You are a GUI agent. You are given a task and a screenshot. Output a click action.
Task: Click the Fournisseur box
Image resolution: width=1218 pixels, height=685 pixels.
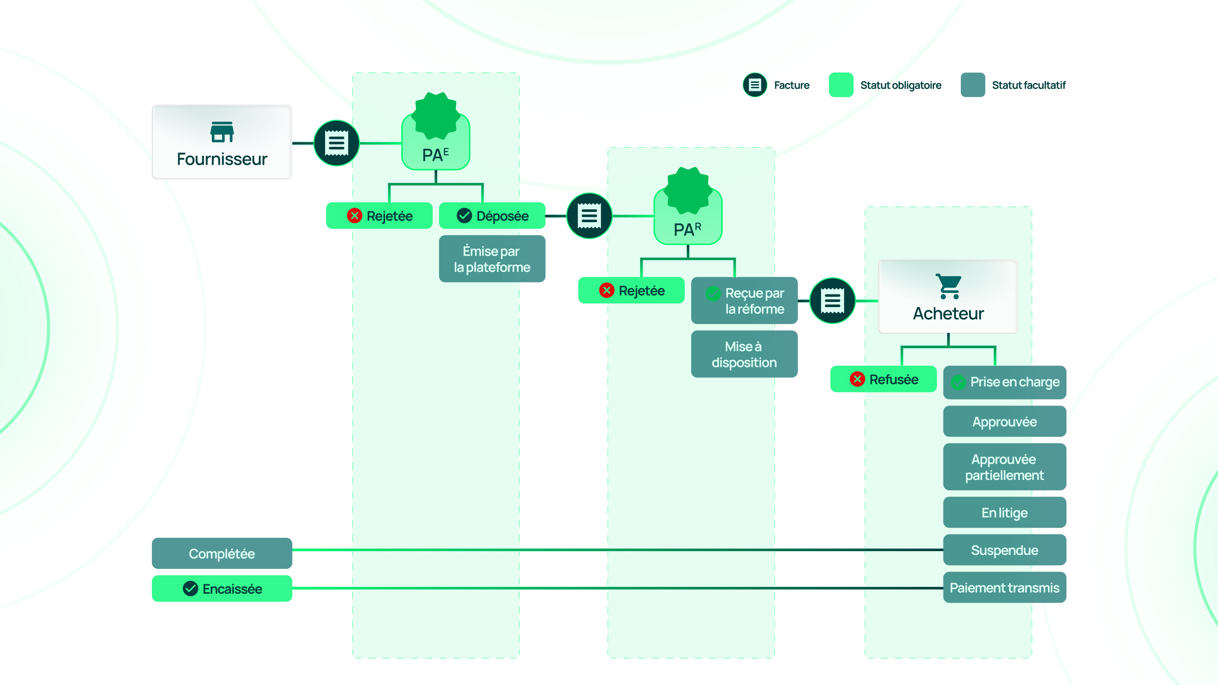(222, 142)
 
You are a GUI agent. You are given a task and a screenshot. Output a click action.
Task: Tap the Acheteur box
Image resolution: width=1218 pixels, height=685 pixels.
(948, 297)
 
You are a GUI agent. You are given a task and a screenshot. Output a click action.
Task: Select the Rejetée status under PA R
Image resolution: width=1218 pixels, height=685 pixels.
(631, 290)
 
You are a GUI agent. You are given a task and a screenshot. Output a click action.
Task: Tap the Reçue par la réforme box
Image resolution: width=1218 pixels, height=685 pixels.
(744, 301)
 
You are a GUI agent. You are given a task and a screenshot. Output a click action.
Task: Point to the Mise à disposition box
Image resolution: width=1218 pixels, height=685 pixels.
(744, 354)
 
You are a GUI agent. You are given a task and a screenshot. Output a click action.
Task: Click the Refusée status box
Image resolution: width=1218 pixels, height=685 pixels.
(883, 379)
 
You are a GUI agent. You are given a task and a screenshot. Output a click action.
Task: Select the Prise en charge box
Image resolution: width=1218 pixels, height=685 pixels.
(1005, 382)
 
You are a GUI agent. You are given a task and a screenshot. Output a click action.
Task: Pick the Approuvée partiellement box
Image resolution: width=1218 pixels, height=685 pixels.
(1005, 467)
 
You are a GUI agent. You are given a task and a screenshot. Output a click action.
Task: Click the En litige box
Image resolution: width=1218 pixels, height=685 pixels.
(1005, 512)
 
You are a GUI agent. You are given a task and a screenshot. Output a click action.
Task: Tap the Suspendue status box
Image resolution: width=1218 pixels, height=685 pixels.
(1005, 550)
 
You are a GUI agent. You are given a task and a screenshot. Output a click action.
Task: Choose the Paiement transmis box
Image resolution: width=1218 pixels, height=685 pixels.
(1005, 588)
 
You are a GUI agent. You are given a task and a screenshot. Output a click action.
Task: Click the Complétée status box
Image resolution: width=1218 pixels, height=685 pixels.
(222, 553)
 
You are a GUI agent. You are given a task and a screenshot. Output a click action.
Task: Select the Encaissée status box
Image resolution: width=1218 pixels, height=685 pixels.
(222, 589)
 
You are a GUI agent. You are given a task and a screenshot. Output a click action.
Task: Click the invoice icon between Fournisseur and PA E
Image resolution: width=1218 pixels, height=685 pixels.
(337, 143)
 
